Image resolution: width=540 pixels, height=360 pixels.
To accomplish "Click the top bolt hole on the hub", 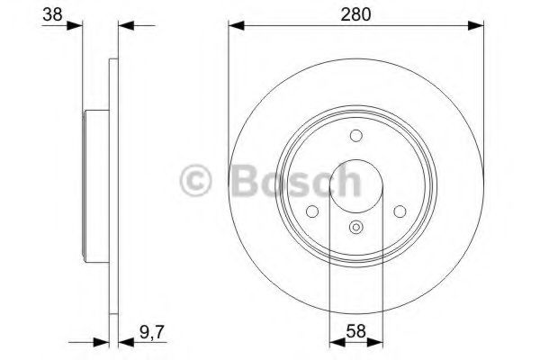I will (356, 136).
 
